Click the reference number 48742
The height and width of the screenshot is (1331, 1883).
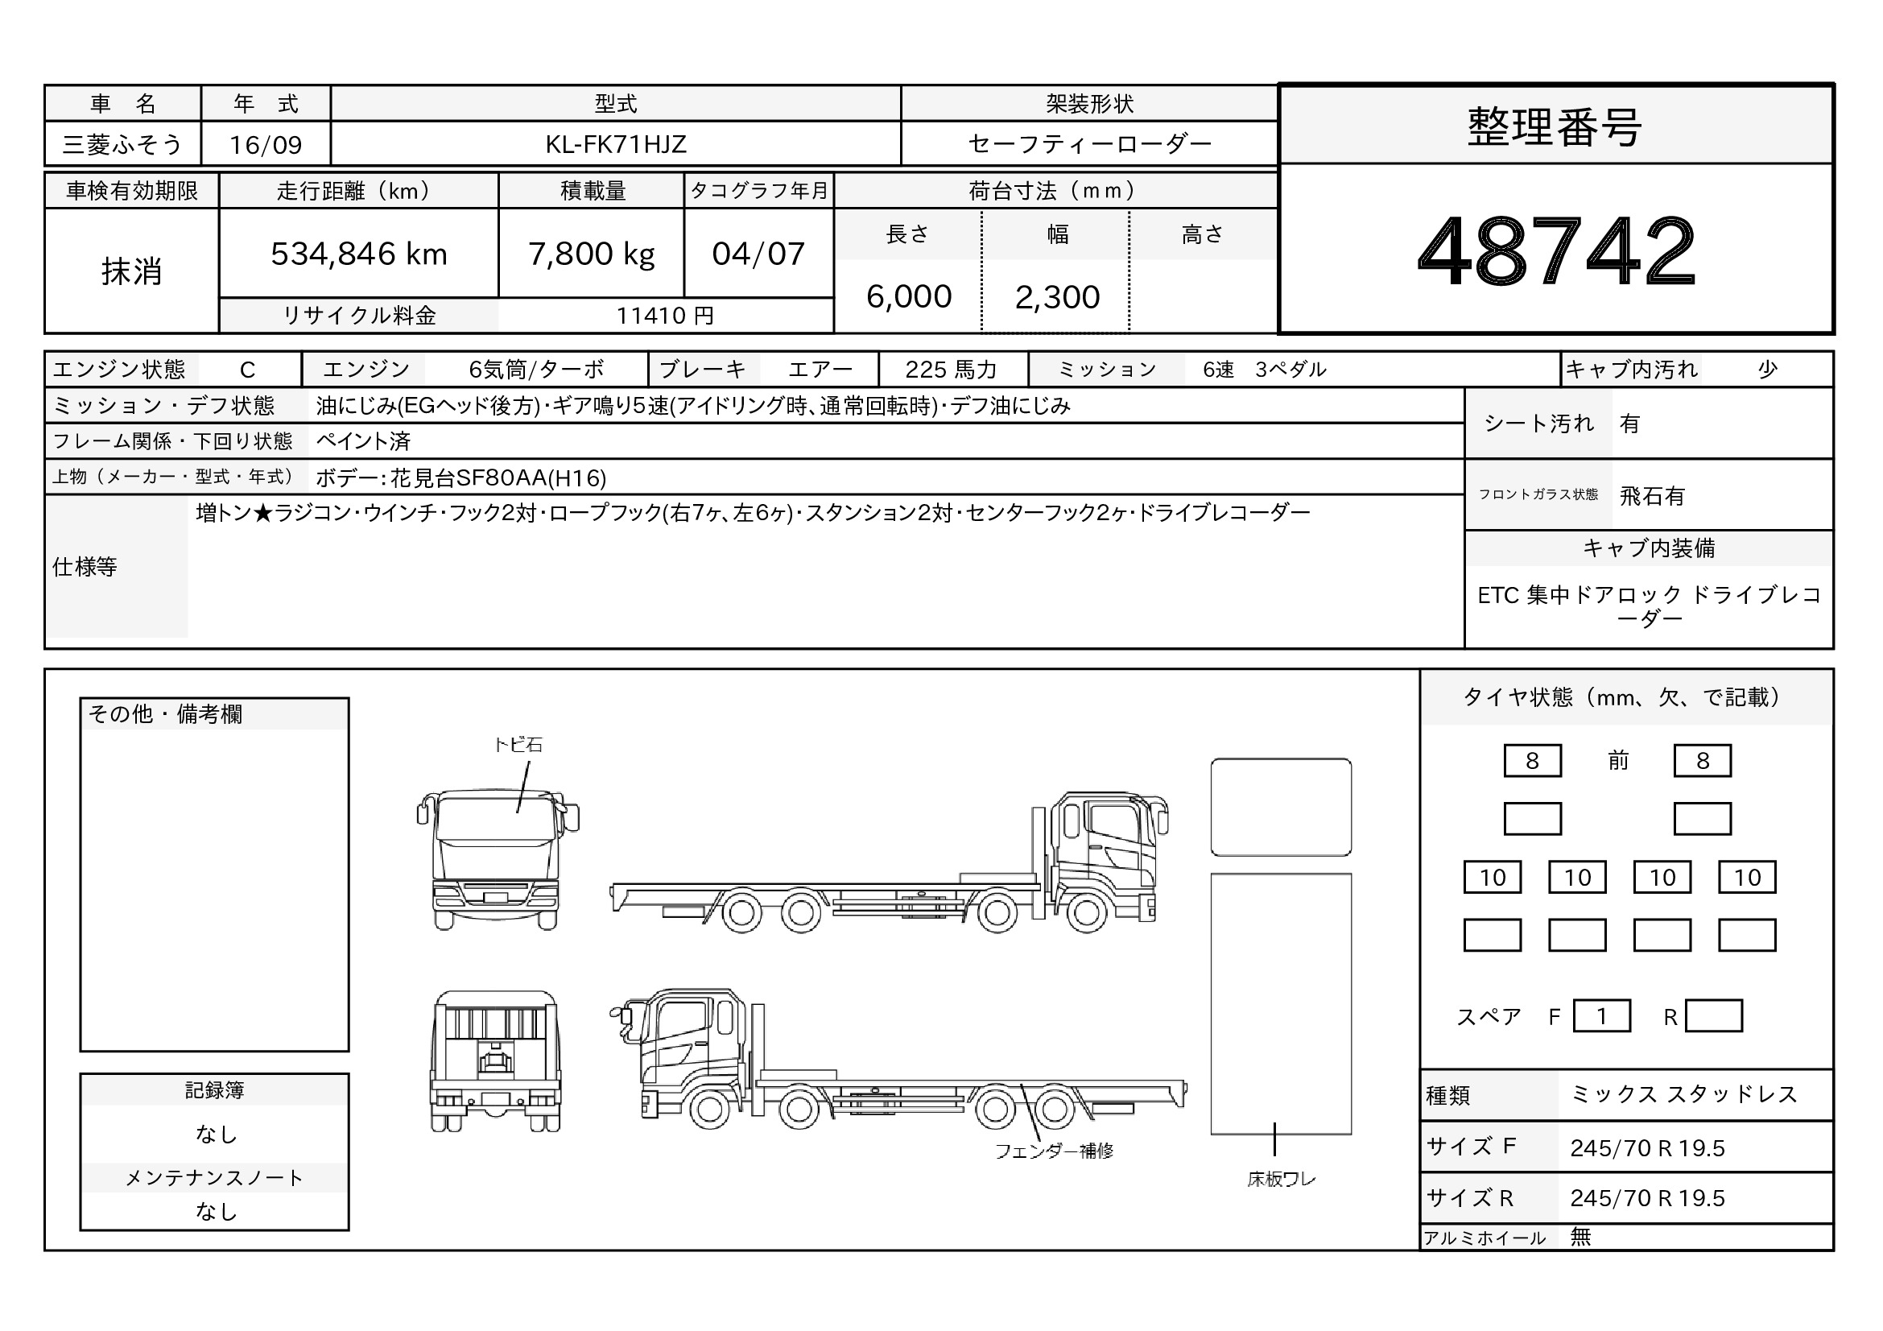pyautogui.click(x=1556, y=251)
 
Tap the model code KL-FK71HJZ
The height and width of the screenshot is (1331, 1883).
pyautogui.click(x=616, y=144)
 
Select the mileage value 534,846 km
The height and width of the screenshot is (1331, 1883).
pyautogui.click(x=359, y=254)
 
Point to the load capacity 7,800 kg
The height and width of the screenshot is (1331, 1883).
pyautogui.click(x=592, y=254)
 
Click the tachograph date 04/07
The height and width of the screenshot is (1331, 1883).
pyautogui.click(x=758, y=254)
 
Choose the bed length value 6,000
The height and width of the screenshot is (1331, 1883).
pyautogui.click(x=909, y=297)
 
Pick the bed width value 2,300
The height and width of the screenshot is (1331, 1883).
pyautogui.click(x=1057, y=298)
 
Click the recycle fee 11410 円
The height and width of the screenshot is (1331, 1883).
pyautogui.click(x=665, y=316)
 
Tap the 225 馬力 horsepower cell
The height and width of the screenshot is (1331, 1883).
pyautogui.click(x=952, y=370)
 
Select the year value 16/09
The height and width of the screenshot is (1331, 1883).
pyautogui.click(x=266, y=145)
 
